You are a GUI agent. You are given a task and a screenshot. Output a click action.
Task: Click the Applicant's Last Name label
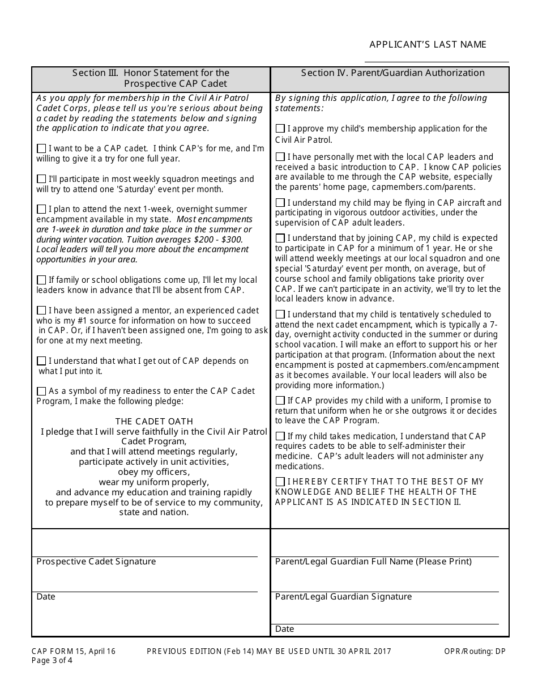tap(428, 45)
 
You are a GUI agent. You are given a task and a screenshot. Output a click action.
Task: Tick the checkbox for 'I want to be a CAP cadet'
tap(41, 148)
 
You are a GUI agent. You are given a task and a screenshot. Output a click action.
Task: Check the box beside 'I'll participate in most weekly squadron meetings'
tap(41, 178)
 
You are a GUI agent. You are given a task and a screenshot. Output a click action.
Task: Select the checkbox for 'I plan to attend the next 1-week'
tap(41, 209)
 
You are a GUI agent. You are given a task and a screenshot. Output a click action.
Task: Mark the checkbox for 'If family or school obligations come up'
tap(41, 280)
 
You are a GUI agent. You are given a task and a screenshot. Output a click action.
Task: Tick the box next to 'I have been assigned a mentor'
tap(41, 311)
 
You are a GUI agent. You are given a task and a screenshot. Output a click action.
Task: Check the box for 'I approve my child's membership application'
tap(280, 129)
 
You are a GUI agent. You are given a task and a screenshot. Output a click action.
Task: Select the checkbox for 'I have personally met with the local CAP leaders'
tap(280, 157)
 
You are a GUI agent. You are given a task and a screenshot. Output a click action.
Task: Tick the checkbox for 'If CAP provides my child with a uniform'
tap(280, 401)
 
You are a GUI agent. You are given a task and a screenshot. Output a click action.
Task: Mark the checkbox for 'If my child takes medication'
tap(280, 436)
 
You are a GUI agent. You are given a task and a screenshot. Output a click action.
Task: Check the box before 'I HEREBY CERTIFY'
tap(280, 482)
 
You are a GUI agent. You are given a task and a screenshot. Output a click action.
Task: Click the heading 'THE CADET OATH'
tap(154, 422)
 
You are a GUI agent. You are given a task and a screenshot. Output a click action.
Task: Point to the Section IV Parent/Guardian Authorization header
tap(392, 73)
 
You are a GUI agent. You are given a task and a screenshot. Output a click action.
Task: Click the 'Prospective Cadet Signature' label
tap(96, 562)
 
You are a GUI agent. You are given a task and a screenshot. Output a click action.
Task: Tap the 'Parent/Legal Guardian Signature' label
tap(343, 597)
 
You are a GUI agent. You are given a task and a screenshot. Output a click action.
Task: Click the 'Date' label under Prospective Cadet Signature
tap(46, 597)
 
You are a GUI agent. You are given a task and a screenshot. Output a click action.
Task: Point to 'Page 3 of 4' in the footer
tap(52, 660)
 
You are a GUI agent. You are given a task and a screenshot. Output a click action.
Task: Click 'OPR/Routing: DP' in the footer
tap(475, 652)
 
